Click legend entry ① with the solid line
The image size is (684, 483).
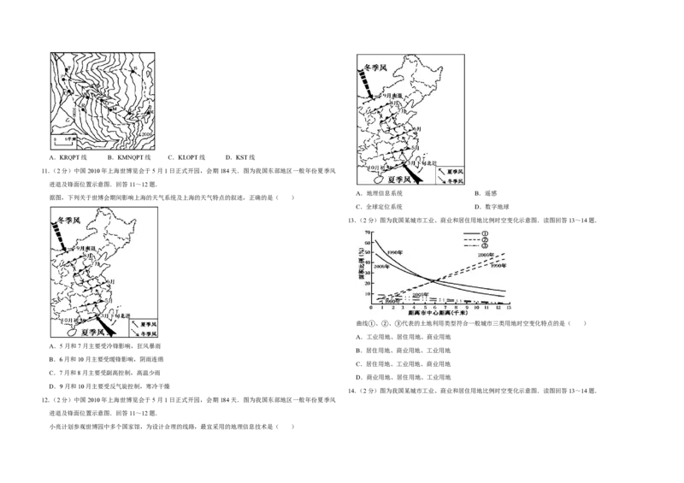pyautogui.click(x=483, y=233)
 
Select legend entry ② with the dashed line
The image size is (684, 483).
pyautogui.click(x=483, y=240)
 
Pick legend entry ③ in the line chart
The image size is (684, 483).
pyautogui.click(x=483, y=248)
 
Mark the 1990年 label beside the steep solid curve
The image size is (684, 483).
pyautogui.click(x=395, y=253)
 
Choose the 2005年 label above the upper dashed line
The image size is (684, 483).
pyautogui.click(x=486, y=255)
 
